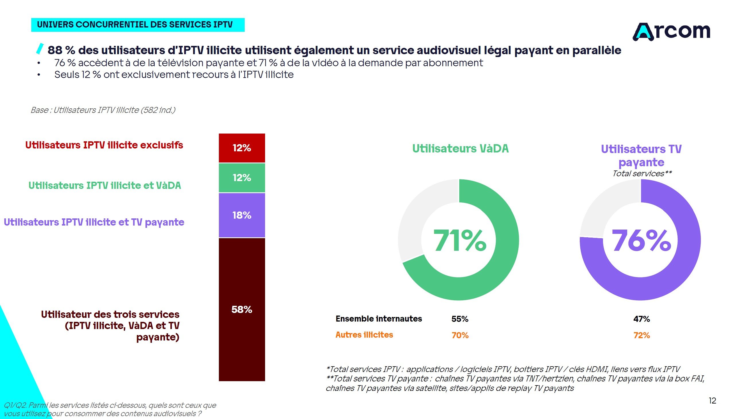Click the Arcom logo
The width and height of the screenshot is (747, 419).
point(671,31)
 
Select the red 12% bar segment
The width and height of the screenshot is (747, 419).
point(242,148)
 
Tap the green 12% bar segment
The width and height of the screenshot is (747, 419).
point(242,178)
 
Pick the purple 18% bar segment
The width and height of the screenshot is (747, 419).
point(242,215)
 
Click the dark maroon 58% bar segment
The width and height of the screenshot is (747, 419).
point(242,310)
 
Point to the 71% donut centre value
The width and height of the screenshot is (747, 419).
point(460,240)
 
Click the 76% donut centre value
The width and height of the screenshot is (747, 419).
point(641,240)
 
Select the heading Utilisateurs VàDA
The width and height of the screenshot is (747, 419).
point(460,148)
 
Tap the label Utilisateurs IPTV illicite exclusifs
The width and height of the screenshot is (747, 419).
point(104,145)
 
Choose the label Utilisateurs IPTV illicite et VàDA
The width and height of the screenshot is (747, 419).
point(105,185)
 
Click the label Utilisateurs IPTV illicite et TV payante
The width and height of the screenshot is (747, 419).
point(94,222)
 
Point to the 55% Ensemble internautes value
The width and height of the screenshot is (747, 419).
point(460,319)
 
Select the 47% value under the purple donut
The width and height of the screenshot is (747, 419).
point(641,319)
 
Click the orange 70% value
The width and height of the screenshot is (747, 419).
point(460,335)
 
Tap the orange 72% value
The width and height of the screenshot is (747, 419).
point(641,335)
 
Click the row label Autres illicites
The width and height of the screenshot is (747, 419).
point(364,335)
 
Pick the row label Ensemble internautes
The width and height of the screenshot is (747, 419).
point(379,319)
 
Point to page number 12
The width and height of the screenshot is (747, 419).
point(712,400)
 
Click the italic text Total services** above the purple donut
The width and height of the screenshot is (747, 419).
point(642,173)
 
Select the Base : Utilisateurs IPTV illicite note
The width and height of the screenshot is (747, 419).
point(103,110)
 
